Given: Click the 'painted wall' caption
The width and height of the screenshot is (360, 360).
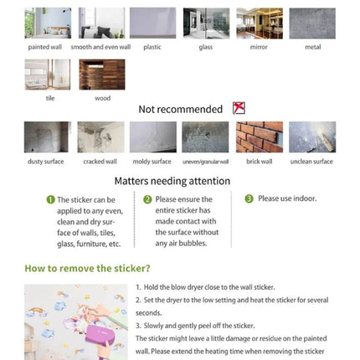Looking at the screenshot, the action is point(45,47).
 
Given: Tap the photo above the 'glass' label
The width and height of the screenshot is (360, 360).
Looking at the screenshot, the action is point(206,23).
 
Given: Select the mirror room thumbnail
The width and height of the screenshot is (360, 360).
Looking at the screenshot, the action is point(260,23).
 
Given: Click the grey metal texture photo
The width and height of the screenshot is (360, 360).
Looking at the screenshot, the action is point(312,23).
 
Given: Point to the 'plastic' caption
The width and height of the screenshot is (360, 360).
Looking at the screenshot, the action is point(152,47).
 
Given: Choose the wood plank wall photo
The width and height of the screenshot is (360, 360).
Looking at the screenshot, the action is point(102,75).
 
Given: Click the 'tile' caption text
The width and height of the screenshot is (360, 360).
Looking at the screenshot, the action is point(50,98).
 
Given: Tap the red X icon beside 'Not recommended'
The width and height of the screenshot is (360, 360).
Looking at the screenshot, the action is point(239,108).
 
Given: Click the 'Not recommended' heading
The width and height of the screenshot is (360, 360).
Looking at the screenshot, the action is point(181,109).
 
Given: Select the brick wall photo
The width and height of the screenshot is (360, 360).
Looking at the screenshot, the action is point(260,137).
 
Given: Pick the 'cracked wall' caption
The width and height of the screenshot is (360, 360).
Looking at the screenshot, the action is point(100,162).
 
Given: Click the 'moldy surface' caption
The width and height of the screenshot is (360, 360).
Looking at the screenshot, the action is point(152,162).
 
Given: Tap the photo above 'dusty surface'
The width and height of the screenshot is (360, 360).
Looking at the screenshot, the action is point(48,137).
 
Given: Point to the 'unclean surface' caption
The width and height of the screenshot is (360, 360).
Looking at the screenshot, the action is point(311,162).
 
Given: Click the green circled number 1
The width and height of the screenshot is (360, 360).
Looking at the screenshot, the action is point(50,200).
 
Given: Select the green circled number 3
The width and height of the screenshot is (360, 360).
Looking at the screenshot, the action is point(249,198).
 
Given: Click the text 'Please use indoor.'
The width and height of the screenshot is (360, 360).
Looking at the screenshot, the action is point(287,198).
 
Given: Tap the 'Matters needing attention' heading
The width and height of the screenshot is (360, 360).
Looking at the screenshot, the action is point(172,181).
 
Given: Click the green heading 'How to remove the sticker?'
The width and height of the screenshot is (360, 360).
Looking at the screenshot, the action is point(87,269).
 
